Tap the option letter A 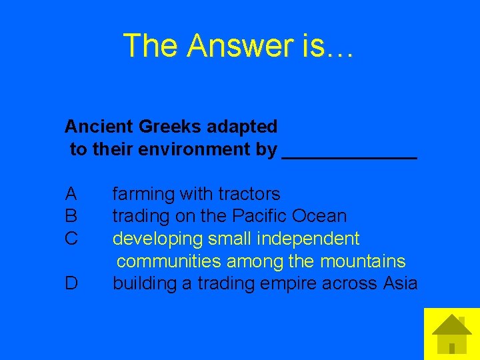tap(71, 194)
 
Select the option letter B tap(71, 216)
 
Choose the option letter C tap(71, 238)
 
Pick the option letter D tap(71, 283)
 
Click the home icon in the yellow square tap(452, 333)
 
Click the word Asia tap(401, 283)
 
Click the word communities tap(167, 261)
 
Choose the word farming tap(141, 195)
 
